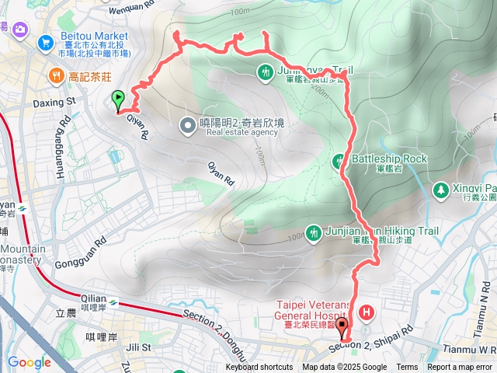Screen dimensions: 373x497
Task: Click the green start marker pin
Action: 118,99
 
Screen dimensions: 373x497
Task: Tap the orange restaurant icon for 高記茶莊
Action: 56,75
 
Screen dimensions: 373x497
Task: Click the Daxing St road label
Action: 53,101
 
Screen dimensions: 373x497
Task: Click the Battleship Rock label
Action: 389,159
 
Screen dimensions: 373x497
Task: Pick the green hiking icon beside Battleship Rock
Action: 339,162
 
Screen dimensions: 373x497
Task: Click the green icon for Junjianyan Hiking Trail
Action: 313,232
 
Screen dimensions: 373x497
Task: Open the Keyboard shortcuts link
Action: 259,368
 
